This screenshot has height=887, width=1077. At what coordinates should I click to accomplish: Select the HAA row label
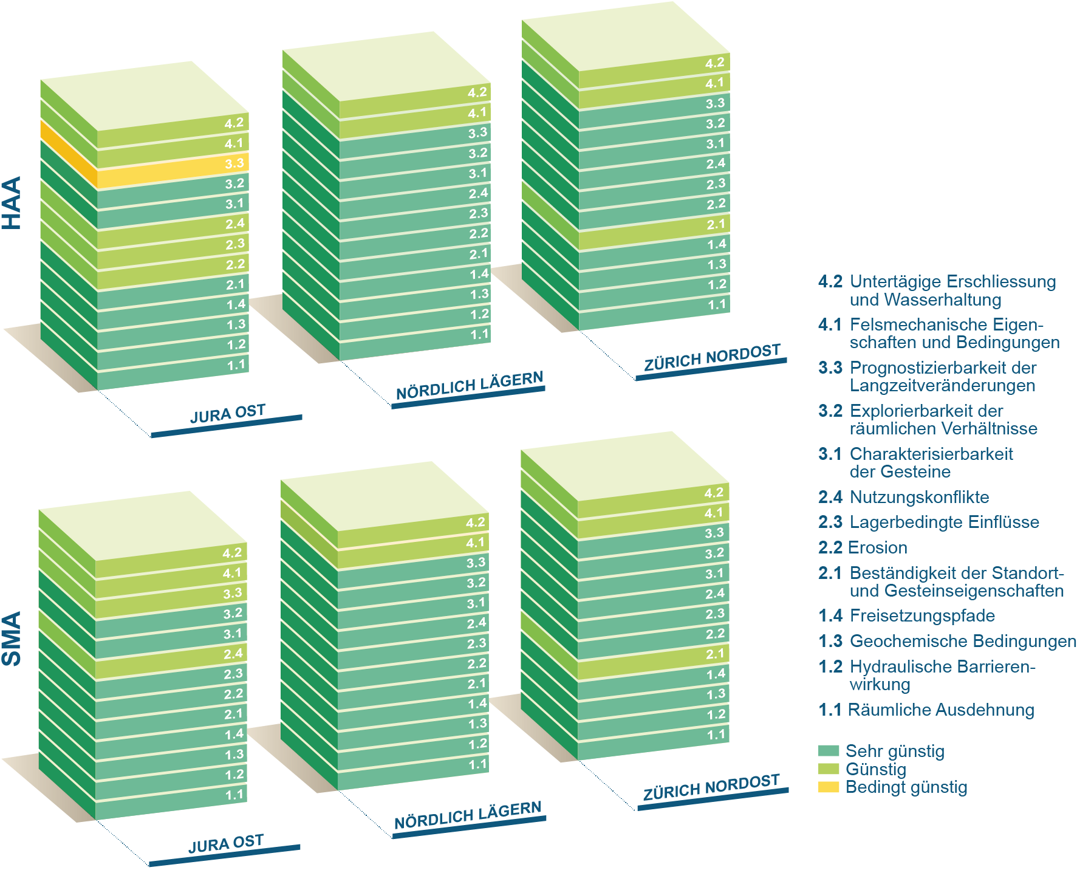coord(12,203)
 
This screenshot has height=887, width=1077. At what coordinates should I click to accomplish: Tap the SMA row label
coord(12,639)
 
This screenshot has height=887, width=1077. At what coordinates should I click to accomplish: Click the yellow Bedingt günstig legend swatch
coord(828,787)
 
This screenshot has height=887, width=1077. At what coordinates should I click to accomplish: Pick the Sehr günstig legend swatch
coord(828,751)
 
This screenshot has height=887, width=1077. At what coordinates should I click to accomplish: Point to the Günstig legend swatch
coord(828,769)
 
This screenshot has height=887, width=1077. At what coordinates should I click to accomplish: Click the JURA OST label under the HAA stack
coord(227,414)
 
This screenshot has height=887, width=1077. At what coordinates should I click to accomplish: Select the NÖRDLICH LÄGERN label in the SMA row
coord(467,815)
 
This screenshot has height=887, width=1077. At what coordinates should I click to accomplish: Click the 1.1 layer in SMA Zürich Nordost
coord(653,742)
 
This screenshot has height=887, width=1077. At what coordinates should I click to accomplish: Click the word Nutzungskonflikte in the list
coord(919,497)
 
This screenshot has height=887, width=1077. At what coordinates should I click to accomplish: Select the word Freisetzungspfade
coord(922,615)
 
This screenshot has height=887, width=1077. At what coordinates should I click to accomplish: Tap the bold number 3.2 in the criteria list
coord(830,411)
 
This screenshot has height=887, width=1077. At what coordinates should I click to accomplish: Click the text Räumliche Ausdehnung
coord(940,710)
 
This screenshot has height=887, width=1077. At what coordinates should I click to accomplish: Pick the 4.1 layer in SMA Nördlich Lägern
coord(413,550)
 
